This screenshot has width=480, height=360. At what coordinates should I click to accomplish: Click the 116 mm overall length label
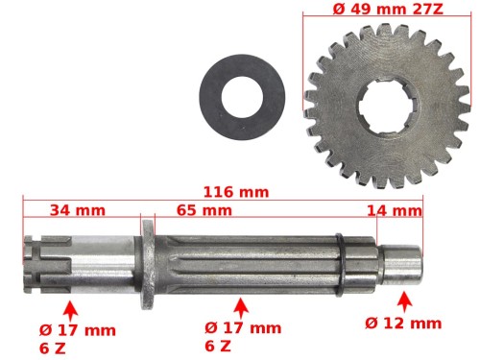pyautogui.click(x=236, y=192)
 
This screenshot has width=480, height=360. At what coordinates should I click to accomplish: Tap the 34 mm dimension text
pyautogui.click(x=78, y=210)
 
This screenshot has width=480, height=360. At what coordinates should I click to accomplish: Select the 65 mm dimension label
pyautogui.click(x=204, y=210)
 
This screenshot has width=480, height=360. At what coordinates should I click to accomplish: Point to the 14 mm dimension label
pyautogui.click(x=395, y=211)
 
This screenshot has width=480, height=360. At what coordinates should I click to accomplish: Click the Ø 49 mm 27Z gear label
pyautogui.click(x=388, y=9)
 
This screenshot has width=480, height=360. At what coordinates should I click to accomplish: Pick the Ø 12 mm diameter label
pyautogui.click(x=403, y=324)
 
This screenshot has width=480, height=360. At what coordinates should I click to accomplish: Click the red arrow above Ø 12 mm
pyautogui.click(x=404, y=301)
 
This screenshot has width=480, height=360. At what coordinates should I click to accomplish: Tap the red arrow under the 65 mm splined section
pyautogui.click(x=242, y=308)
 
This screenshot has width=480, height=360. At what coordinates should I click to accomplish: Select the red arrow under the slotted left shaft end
pyautogui.click(x=71, y=310)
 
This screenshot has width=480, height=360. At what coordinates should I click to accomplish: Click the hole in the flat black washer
pyautogui.click(x=242, y=97)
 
